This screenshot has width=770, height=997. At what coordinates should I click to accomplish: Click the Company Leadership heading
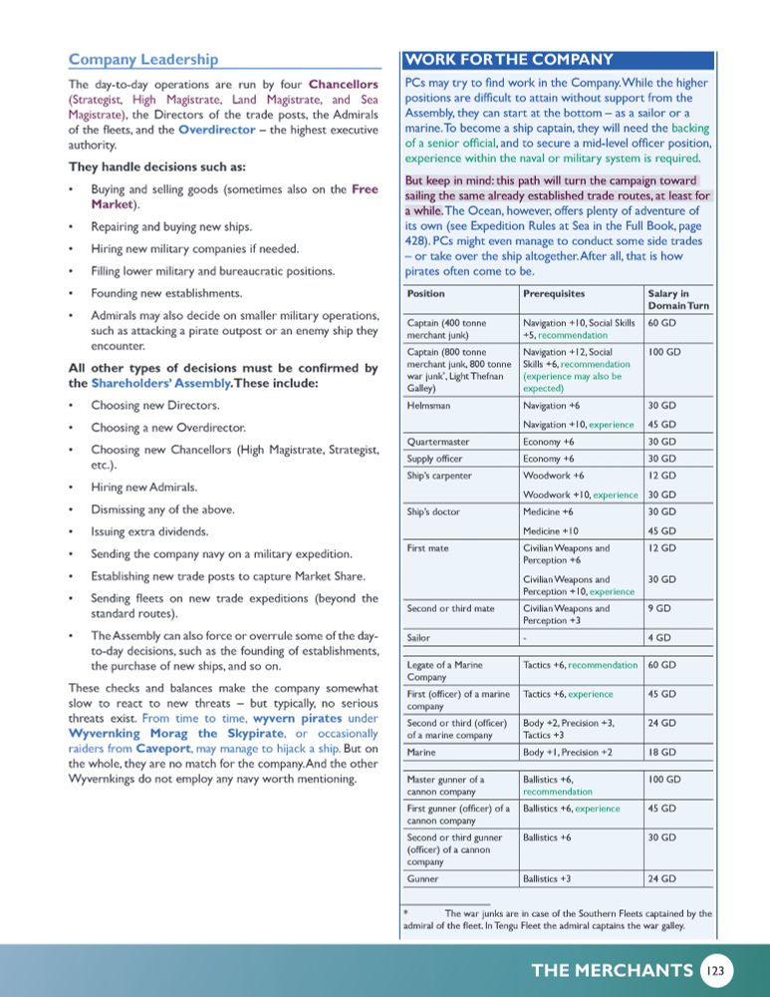[143, 59]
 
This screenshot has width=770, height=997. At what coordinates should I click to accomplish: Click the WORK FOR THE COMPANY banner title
[509, 59]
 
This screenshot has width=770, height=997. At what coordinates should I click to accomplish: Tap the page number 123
[716, 970]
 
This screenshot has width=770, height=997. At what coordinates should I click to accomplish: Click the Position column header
[426, 294]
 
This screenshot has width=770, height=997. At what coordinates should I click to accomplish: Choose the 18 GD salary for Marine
[660, 752]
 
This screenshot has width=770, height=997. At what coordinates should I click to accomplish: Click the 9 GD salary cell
[657, 608]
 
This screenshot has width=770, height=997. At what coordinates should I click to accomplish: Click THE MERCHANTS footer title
[612, 970]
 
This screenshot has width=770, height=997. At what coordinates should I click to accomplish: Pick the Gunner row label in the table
[424, 879]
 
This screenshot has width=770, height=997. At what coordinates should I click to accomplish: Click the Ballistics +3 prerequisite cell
[547, 879]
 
